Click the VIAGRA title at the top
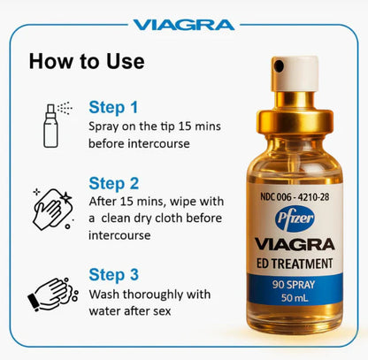click(x=184, y=24)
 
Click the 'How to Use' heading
click(x=86, y=62)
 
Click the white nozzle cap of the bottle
click(x=293, y=69)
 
